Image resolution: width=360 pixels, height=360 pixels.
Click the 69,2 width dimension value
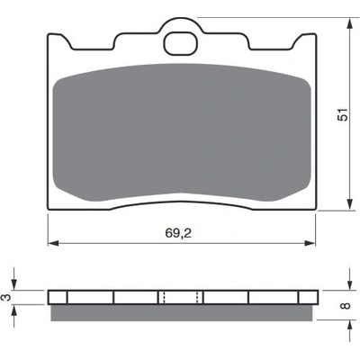point(178,233)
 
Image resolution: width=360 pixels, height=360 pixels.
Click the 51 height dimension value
point(343,114)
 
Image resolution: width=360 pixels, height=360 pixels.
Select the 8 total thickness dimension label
point(346,306)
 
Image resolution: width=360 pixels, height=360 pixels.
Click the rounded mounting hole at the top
point(181,44)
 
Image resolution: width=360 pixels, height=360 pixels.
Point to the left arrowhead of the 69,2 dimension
point(53,243)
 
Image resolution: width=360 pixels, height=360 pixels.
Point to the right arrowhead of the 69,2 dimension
point(310,243)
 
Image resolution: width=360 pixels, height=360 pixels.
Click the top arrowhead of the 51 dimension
point(349,23)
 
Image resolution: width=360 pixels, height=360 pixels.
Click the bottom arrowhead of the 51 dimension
point(349,204)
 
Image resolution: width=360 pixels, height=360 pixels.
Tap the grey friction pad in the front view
point(182,132)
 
